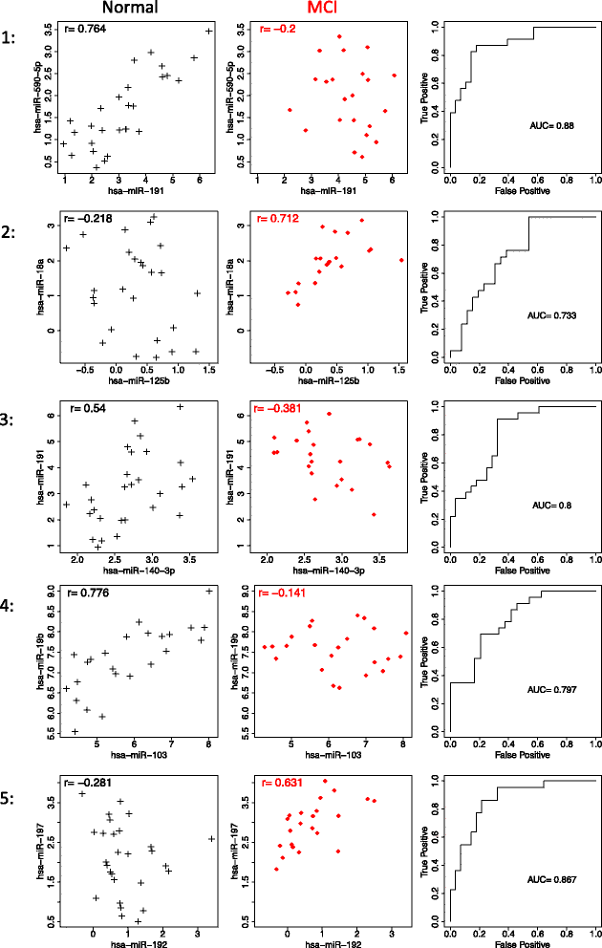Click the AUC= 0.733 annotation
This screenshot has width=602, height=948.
(552, 313)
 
